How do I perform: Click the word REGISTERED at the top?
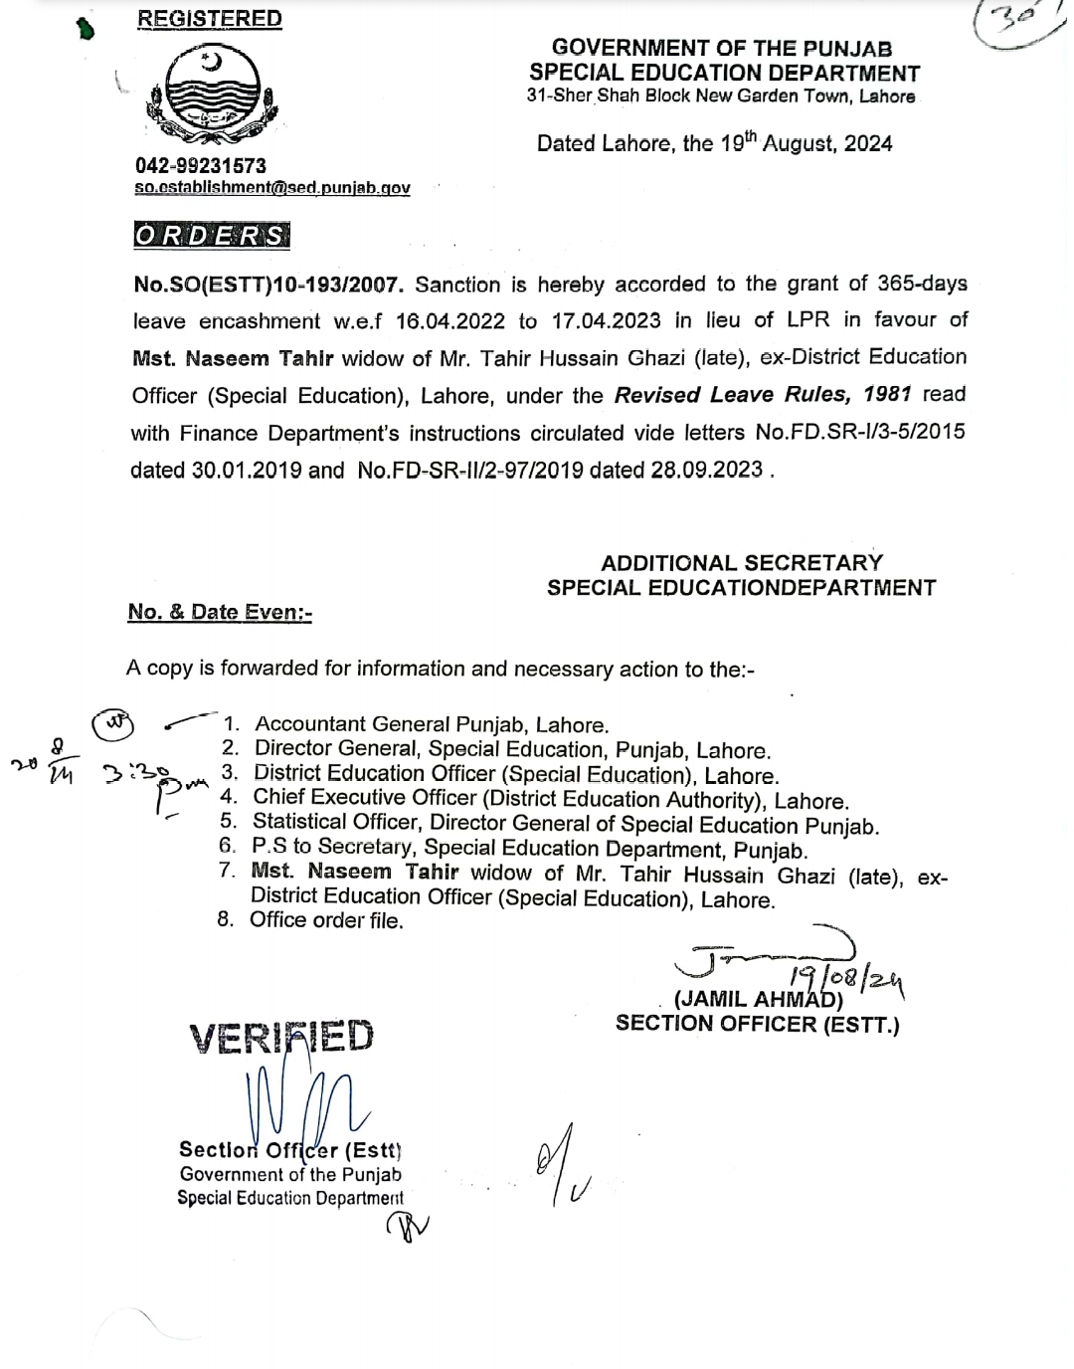[209, 19]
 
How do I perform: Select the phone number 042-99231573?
[201, 166]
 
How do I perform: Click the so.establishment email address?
[272, 187]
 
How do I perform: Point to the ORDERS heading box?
[211, 237]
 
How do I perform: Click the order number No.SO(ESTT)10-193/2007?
[268, 285]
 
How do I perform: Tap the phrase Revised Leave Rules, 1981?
[763, 395]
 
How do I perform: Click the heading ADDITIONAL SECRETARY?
[742, 563]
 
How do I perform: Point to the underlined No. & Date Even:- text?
[220, 613]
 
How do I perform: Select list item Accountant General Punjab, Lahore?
[432, 725]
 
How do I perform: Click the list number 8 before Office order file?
[227, 920]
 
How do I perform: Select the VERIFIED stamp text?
[282, 1037]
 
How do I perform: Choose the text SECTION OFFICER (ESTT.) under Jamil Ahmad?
[757, 1024]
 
